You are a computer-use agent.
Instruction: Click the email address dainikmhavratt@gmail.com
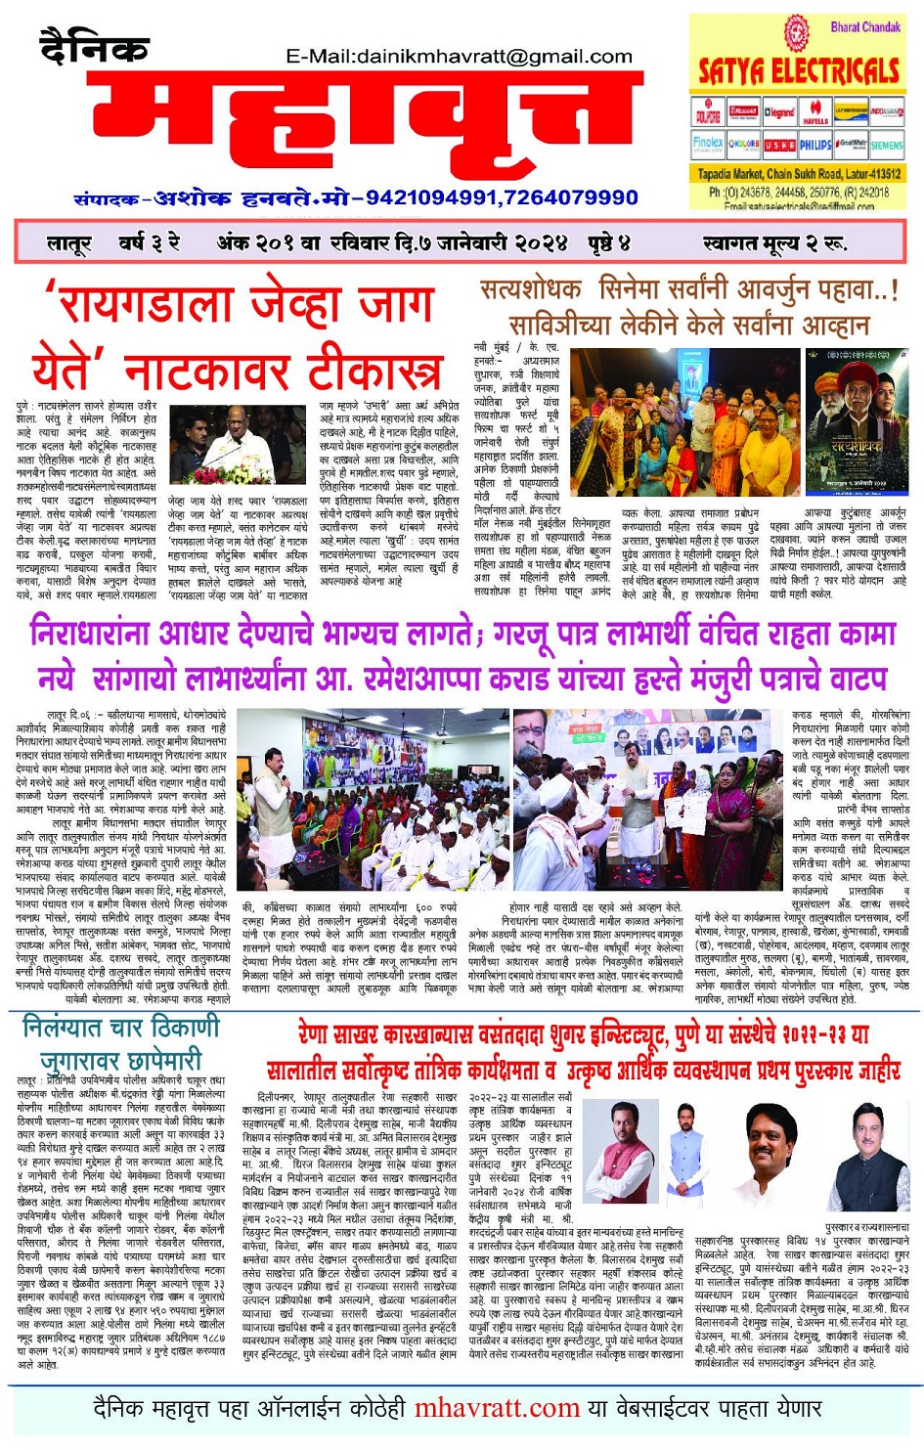[459, 56]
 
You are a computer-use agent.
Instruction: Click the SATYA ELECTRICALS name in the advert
[798, 71]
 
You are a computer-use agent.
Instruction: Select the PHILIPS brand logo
[815, 145]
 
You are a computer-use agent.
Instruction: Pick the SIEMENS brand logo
[886, 145]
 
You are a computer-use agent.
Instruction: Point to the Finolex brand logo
[708, 144]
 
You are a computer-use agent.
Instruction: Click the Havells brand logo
[815, 112]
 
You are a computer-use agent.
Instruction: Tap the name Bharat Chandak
[864, 27]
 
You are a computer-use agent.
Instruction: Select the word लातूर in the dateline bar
[68, 242]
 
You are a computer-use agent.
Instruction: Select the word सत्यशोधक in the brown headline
[531, 290]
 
